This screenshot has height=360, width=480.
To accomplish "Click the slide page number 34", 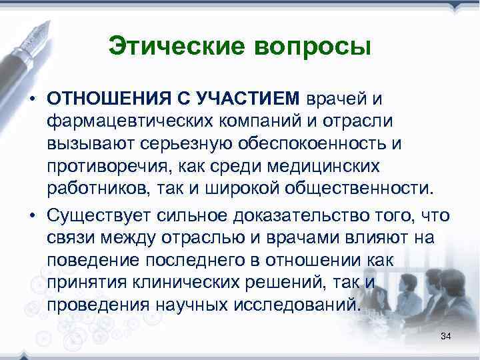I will (x=446, y=338).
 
